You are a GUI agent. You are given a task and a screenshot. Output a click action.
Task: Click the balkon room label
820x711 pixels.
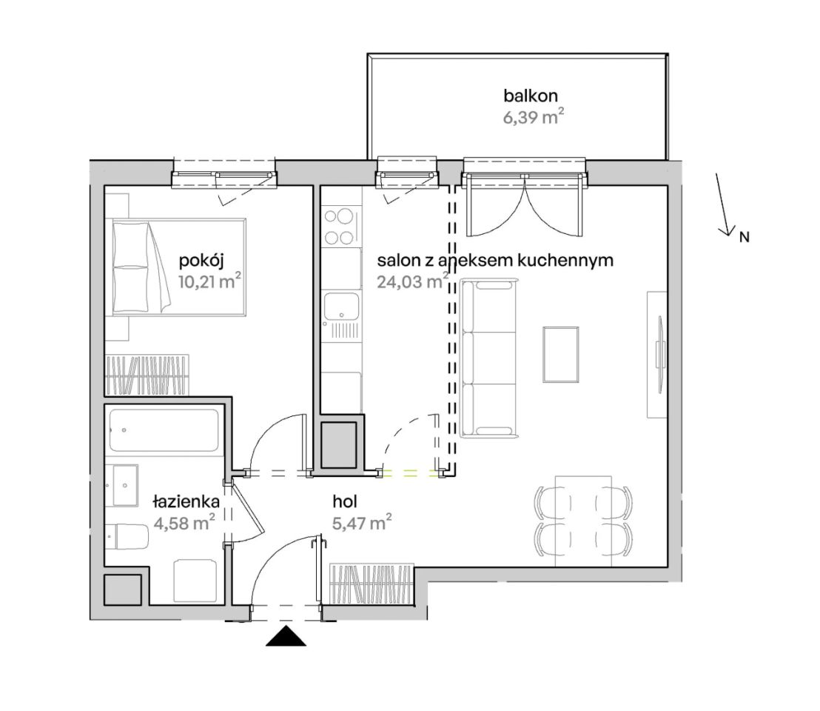pyautogui.click(x=531, y=96)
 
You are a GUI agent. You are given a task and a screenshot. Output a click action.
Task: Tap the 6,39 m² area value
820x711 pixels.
pyautogui.click(x=534, y=117)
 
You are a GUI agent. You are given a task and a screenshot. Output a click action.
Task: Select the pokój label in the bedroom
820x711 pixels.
pyautogui.click(x=201, y=261)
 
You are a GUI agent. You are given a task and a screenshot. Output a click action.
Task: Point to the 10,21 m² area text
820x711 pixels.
pyautogui.click(x=209, y=281)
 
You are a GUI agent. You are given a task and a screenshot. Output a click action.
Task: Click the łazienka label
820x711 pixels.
pyautogui.click(x=186, y=501)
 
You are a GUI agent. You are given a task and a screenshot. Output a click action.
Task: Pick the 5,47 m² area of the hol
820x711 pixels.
pyautogui.click(x=362, y=522)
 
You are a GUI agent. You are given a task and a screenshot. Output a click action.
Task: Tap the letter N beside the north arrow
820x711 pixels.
pyautogui.click(x=745, y=237)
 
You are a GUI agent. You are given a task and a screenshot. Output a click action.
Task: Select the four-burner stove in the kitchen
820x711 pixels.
pyautogui.click(x=339, y=227)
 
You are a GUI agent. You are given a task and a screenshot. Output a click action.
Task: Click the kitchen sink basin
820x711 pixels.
pyautogui.click(x=341, y=306)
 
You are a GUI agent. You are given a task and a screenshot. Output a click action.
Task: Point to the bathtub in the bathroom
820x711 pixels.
pyautogui.click(x=164, y=430)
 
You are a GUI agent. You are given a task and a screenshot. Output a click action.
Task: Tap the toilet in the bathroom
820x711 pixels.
pyautogui.click(x=126, y=536)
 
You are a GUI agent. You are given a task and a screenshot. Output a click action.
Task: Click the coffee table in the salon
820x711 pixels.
pyautogui.click(x=561, y=354)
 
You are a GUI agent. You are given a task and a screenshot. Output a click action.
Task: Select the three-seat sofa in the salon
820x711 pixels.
pyautogui.click(x=488, y=358)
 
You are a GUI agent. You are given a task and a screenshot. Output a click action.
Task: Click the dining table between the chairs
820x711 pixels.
pyautogui.click(x=583, y=521)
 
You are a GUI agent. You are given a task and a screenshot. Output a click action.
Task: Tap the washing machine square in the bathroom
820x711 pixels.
pyautogui.click(x=195, y=581)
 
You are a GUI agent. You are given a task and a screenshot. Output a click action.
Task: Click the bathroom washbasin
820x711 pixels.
pyautogui.click(x=126, y=485)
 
